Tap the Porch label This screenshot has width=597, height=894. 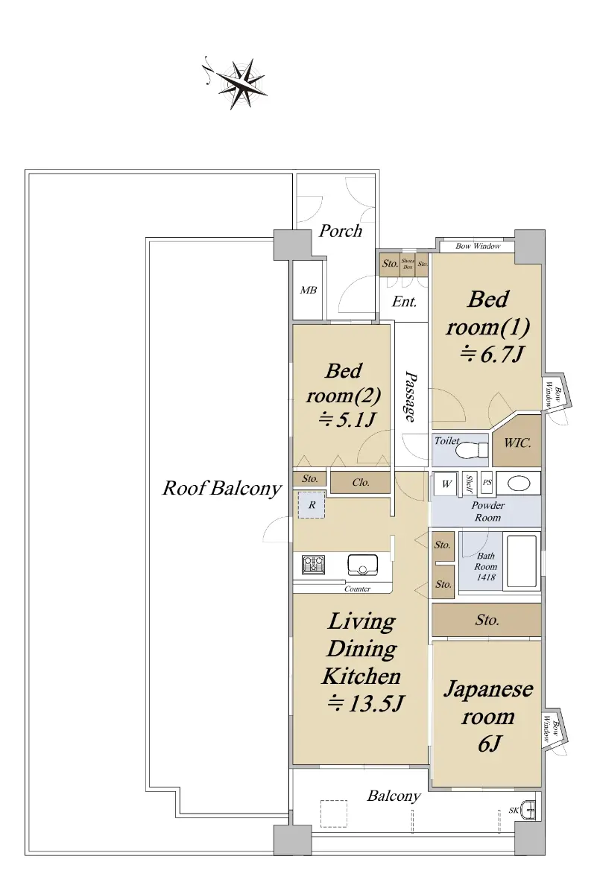[x=340, y=231]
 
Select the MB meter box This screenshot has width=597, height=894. [x=308, y=290]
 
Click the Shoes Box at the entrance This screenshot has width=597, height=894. [x=408, y=264]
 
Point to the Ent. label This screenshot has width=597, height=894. [x=404, y=301]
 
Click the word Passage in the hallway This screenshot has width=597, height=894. [x=411, y=396]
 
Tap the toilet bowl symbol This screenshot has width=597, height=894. [x=472, y=451]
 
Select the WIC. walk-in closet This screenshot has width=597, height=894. [x=517, y=441]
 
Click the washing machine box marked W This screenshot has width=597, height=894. [x=446, y=484]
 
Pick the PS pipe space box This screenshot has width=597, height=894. [x=487, y=483]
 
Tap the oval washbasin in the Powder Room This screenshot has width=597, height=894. [x=519, y=484]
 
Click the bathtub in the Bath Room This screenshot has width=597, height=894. [x=522, y=562]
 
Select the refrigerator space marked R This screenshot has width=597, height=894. [x=312, y=505]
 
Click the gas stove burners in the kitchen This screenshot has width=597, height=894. [x=313, y=565]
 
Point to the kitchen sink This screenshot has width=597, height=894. [x=362, y=565]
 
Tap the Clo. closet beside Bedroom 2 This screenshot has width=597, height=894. [x=360, y=483]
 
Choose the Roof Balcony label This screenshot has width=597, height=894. [x=222, y=488]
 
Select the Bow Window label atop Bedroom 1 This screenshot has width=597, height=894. [x=478, y=247]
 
